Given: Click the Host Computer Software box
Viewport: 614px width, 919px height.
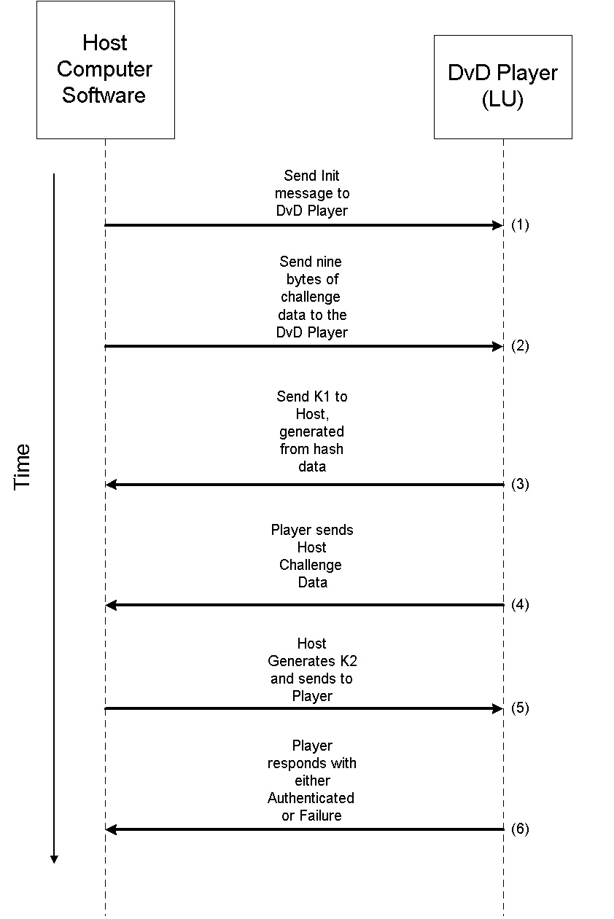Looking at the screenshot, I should click(x=105, y=70).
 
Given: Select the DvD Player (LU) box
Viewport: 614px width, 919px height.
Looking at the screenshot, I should click(x=502, y=87).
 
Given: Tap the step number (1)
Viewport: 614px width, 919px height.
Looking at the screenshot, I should click(x=520, y=225).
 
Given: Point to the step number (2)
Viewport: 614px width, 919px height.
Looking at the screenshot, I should click(x=520, y=346).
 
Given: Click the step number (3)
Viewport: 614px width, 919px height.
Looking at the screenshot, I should click(x=520, y=485).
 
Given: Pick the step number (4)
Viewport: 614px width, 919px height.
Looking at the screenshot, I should click(x=520, y=605).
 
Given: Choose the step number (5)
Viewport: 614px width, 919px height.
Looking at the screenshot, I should click(x=520, y=708).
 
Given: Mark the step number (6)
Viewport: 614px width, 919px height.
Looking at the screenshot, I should click(x=520, y=829).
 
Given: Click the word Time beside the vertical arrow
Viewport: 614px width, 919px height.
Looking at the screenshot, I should click(x=23, y=466).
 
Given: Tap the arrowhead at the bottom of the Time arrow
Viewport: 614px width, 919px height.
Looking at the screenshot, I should click(x=54, y=859).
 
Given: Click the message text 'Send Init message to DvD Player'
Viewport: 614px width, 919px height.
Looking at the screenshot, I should click(x=312, y=193).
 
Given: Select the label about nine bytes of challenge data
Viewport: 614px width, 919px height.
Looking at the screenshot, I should click(x=312, y=297).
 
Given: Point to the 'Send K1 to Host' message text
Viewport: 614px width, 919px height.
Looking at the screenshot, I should click(x=312, y=431).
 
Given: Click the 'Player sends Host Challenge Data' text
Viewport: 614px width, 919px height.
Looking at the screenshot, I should click(x=312, y=556).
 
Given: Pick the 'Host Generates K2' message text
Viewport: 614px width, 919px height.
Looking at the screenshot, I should click(x=312, y=670).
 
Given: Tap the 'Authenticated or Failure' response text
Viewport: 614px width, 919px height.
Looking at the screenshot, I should click(x=312, y=781).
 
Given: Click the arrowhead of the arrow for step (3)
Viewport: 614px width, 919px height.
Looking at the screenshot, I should click(x=111, y=485).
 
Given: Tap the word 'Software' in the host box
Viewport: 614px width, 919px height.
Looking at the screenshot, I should click(x=104, y=95).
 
